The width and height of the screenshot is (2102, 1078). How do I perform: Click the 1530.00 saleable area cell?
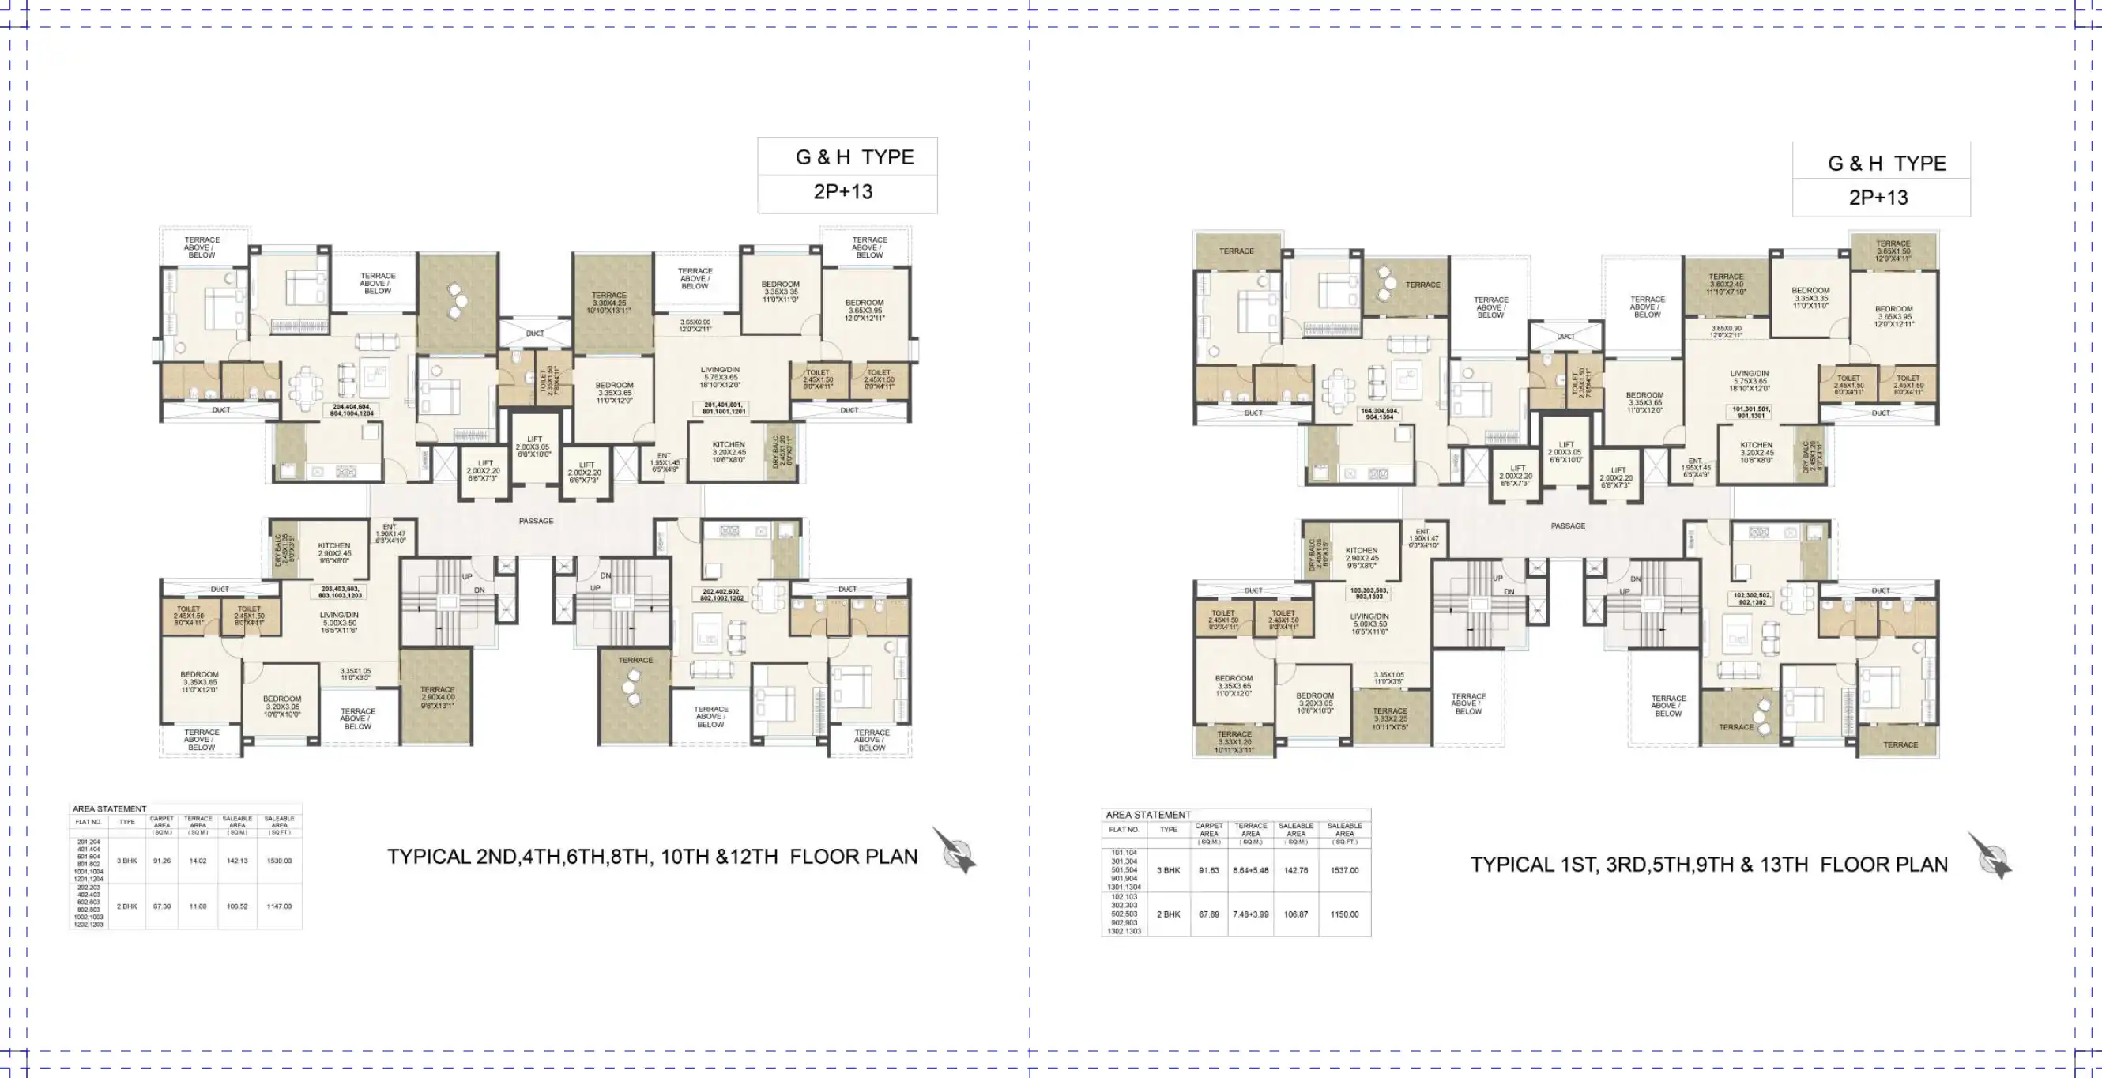coord(279,861)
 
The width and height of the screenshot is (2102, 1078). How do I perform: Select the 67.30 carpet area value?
coord(161,906)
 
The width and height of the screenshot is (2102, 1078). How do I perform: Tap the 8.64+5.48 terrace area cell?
coord(1250,870)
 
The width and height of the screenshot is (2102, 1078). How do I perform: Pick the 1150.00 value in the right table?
coord(1344,914)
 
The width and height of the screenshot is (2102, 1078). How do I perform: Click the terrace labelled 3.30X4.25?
coord(609,303)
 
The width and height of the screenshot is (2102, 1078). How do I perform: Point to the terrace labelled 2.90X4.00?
coord(437,698)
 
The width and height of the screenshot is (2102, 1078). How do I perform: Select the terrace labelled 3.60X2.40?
coord(1726,284)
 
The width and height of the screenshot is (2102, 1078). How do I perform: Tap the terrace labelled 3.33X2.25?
coord(1390,718)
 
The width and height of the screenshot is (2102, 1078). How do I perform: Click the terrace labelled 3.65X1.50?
coord(1893,251)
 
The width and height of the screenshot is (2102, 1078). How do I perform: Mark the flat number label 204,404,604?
coord(352,409)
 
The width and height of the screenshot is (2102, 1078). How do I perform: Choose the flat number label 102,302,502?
coord(1751,598)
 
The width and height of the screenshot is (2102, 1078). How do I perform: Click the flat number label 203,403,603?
coord(341,592)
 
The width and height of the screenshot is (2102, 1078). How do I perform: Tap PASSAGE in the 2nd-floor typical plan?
coord(536,521)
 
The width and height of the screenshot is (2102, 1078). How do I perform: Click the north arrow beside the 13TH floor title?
coord(1991,857)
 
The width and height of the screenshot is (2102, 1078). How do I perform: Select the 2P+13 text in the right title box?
coord(1878,198)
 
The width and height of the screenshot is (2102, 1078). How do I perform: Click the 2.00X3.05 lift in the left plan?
coord(533,447)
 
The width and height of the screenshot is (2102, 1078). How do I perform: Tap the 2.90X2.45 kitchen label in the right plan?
coord(1361,558)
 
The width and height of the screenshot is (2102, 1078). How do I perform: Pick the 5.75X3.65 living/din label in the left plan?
coord(720,377)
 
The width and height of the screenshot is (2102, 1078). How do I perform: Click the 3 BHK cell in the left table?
coord(126,861)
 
